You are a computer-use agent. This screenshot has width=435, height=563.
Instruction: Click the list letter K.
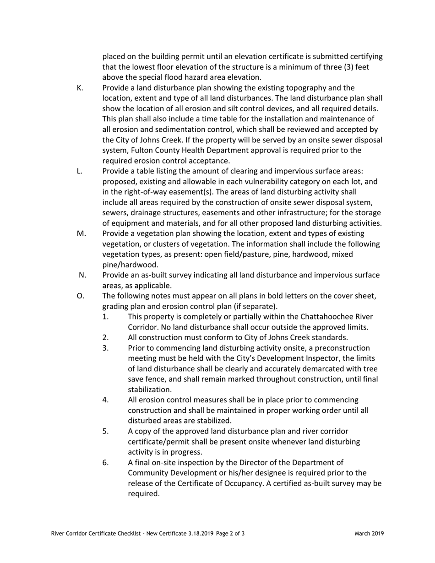tap(80, 88)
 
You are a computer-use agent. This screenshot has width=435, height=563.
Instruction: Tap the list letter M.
tap(82, 234)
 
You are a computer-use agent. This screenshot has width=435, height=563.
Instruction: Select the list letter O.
tap(81, 296)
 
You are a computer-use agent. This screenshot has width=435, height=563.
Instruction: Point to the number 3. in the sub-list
tap(105, 348)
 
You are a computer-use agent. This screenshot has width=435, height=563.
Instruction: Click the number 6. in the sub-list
tap(105, 463)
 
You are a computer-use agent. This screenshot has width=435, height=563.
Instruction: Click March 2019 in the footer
tap(369, 533)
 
